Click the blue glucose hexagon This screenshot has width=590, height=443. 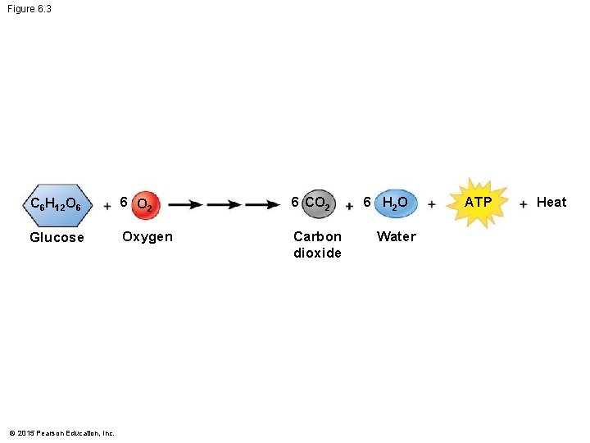(x=56, y=203)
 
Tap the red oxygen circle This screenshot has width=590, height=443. (x=145, y=204)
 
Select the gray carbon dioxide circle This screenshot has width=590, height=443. (x=316, y=203)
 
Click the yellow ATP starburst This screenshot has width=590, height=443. (x=478, y=202)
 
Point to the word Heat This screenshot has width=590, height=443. (x=551, y=203)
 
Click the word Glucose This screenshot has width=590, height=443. (x=57, y=238)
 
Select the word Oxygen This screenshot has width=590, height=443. (x=147, y=237)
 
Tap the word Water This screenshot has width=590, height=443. (x=396, y=237)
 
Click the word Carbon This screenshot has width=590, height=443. (x=317, y=237)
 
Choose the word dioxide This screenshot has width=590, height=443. (x=317, y=253)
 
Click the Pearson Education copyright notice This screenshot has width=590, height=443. (x=61, y=432)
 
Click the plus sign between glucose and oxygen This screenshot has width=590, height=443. (x=107, y=206)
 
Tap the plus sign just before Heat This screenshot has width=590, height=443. (x=523, y=204)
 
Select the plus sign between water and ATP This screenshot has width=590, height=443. (x=431, y=204)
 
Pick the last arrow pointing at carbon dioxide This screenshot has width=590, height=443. (x=262, y=204)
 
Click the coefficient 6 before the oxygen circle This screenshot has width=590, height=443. (x=123, y=202)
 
